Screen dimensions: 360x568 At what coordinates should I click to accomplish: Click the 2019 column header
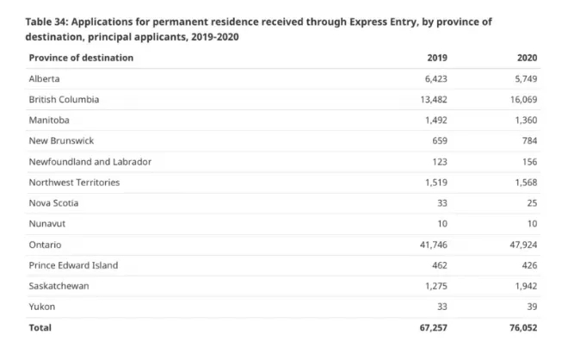437,58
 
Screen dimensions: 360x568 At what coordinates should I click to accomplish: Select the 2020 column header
528,58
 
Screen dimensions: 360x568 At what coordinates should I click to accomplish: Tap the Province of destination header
81,58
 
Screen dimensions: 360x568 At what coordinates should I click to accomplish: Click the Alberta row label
44,78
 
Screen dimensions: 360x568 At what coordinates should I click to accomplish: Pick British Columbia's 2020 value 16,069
520,99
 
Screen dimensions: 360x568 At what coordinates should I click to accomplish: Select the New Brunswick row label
62,140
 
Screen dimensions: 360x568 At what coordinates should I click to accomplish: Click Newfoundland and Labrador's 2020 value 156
529,161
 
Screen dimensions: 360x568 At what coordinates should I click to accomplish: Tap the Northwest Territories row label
74,182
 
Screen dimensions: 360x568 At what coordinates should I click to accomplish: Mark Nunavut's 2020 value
532,223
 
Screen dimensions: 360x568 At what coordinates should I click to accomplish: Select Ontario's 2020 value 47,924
520,245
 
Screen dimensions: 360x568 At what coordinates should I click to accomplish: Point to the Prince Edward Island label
73,265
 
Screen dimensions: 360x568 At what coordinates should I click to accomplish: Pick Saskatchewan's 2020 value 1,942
523,286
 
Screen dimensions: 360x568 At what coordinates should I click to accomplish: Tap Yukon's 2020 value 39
532,307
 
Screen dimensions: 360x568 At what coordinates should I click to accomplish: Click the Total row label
40,327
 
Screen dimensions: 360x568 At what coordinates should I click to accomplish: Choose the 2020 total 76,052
520,327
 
